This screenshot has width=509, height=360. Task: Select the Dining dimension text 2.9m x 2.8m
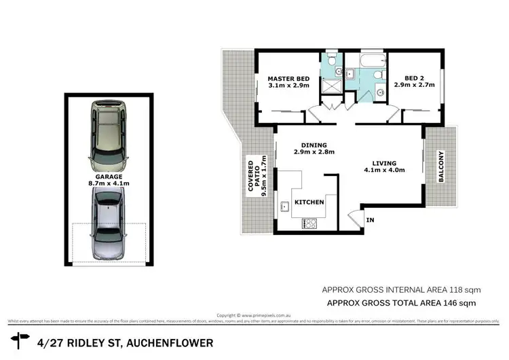tap(310, 153)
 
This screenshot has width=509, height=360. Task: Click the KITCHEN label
tap(309, 202)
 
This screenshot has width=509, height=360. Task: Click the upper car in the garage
tap(110, 135)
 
